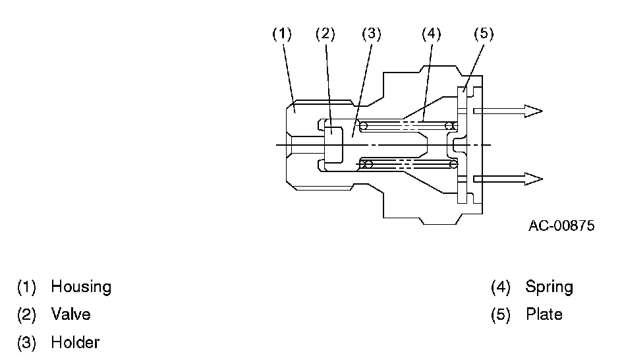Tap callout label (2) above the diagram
(x=325, y=34)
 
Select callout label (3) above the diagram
(x=371, y=34)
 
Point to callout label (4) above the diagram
(x=431, y=34)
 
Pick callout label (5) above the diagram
(x=483, y=34)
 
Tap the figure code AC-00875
(x=561, y=226)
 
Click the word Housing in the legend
(x=81, y=287)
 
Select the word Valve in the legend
(x=71, y=315)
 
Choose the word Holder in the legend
(x=75, y=343)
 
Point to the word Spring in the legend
(x=549, y=287)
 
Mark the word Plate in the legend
(x=544, y=315)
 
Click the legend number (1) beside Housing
(x=26, y=287)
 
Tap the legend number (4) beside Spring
(x=501, y=287)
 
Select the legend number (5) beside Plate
(x=501, y=315)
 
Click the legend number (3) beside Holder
(x=26, y=343)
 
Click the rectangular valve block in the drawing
(x=334, y=141)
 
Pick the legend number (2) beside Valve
(x=26, y=315)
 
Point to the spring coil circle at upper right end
(x=449, y=125)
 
